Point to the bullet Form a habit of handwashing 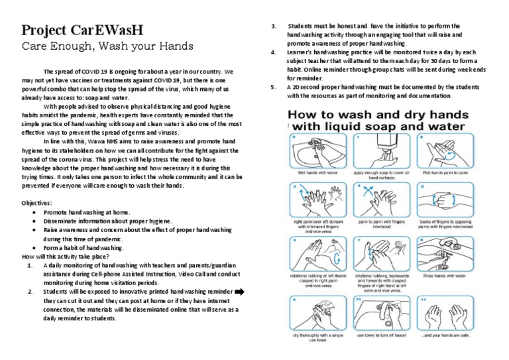coord(83,247)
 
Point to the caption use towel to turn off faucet coord(383,335)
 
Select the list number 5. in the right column coord(273,87)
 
